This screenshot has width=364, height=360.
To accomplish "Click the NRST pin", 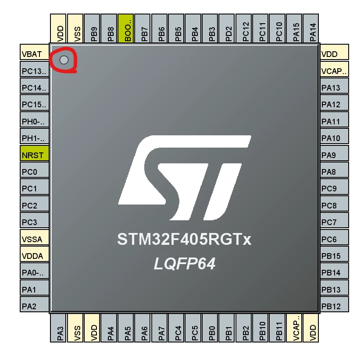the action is pyautogui.click(x=34, y=153).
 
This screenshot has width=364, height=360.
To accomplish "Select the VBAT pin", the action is pyautogui.click(x=34, y=52).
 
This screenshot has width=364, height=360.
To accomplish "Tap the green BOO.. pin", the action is pyautogui.click(x=125, y=28).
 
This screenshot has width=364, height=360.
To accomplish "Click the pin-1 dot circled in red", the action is pyautogui.click(x=64, y=60).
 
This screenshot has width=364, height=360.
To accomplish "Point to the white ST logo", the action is pyautogui.click(x=185, y=177).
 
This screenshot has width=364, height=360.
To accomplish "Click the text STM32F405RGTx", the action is pyautogui.click(x=184, y=239).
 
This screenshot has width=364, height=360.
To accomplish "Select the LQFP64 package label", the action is pyautogui.click(x=185, y=264).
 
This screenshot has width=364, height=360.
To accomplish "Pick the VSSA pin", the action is pyautogui.click(x=34, y=237).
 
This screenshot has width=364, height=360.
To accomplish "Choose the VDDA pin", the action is pyautogui.click(x=34, y=254).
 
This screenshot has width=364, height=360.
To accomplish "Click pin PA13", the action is pyautogui.click(x=335, y=86).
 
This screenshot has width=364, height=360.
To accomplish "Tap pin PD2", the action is pyautogui.click(x=227, y=28).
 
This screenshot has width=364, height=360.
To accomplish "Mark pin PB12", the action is pyautogui.click(x=335, y=304).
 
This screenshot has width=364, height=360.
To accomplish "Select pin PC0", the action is pyautogui.click(x=34, y=170).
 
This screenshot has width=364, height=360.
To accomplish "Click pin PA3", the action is pyautogui.click(x=58, y=328).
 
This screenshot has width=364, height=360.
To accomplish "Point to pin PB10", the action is pyautogui.click(x=261, y=328).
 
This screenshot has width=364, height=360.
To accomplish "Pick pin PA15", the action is pyautogui.click(x=294, y=28).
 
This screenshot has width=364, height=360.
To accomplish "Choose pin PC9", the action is pyautogui.click(x=335, y=187).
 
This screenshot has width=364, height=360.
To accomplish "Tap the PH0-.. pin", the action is pyautogui.click(x=34, y=120).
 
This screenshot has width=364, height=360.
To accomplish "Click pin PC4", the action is pyautogui.click(x=176, y=328).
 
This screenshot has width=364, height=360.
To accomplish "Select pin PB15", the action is pyautogui.click(x=335, y=254).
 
